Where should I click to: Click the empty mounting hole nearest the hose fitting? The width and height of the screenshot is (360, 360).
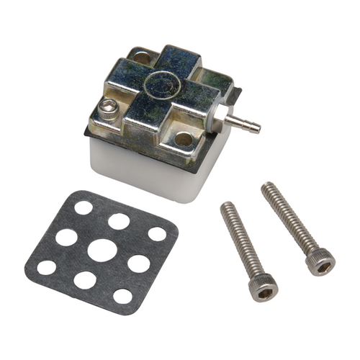click(184, 138)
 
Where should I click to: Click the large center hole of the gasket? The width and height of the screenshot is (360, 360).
click(102, 251)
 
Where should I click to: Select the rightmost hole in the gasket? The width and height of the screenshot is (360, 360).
click(157, 234)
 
